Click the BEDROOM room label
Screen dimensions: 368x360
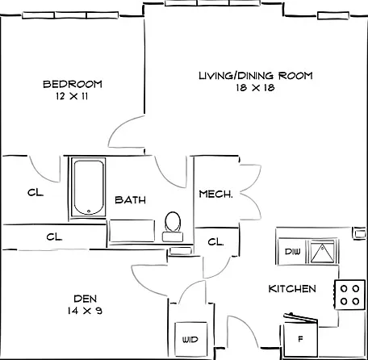[73, 84]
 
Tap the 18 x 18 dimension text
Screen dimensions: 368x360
[256, 88]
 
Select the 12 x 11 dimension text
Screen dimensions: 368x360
[72, 96]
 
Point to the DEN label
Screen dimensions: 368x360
[86, 299]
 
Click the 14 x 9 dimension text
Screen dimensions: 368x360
[85, 311]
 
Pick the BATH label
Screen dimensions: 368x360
[130, 200]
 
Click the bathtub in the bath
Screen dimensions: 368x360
[89, 187]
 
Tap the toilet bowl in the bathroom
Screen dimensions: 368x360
[173, 222]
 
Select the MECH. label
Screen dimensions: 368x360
[215, 194]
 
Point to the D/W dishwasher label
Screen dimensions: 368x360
[292, 252]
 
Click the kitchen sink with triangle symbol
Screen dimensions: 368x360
[322, 252]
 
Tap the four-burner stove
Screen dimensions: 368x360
[350, 295]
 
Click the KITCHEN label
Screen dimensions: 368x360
[292, 289]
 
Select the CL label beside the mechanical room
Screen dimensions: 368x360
[215, 242]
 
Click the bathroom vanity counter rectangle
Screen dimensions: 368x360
[132, 231]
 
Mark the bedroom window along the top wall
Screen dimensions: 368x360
[70, 15]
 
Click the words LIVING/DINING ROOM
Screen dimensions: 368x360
[256, 76]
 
